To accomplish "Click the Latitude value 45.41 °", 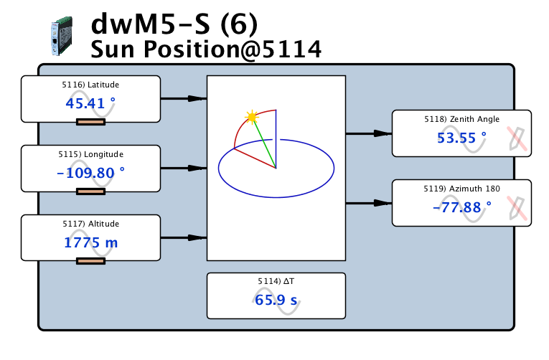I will [90, 103].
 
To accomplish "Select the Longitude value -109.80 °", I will [90, 173].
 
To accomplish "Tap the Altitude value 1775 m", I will [90, 242].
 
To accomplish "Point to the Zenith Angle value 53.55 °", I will [461, 138].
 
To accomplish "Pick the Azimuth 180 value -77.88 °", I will [461, 207].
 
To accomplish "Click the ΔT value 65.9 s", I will [276, 300].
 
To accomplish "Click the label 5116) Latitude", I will [90, 85].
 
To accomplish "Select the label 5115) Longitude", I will [90, 154].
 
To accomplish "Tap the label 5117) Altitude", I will [90, 224].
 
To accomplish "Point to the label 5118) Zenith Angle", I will [461, 119].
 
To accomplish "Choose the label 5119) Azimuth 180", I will [461, 189].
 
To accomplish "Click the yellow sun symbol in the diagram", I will [251, 116].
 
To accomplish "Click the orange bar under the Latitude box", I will [90, 122].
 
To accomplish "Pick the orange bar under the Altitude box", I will [90, 261].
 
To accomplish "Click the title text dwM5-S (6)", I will [177, 24].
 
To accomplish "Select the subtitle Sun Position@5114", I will [206, 49].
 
